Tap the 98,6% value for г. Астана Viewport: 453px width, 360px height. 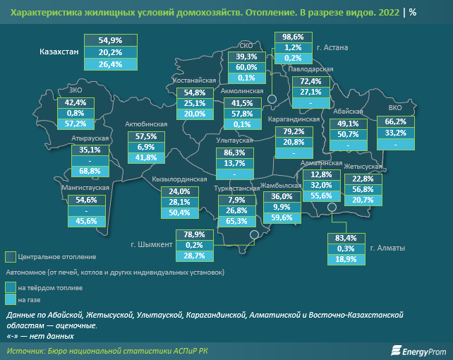point(293,36)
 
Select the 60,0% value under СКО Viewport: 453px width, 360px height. point(246,67)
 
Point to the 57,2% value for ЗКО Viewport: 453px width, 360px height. point(75,124)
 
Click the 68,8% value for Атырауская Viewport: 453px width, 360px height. point(90,171)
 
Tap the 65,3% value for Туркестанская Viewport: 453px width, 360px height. point(236,221)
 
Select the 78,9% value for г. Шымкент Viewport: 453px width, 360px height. point(193,234)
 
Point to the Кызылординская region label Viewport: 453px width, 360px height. point(179,179)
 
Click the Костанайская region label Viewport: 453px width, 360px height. point(194,81)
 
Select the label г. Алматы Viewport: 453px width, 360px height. point(387,248)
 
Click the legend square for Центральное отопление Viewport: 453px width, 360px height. point(10,256)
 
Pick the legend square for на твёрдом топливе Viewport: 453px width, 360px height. point(10,287)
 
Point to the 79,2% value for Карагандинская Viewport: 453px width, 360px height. point(292,131)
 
